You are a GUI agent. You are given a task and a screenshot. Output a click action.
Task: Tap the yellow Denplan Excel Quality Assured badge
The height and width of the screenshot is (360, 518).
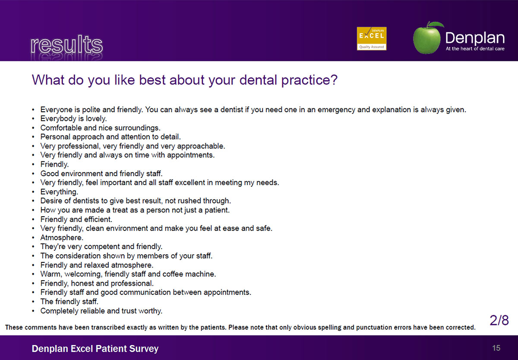pos(371,38)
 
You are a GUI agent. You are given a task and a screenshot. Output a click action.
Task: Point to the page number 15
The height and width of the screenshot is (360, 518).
pos(496,348)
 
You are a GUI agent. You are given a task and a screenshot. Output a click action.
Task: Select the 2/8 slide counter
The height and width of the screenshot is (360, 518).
pos(499,320)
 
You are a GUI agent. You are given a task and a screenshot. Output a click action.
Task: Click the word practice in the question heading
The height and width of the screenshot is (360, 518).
pos(309,80)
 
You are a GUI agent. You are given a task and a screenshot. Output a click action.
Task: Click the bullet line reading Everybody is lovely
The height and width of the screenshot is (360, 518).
pos(73,119)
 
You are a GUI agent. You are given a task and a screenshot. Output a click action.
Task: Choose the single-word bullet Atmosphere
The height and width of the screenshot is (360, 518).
pos(62,237)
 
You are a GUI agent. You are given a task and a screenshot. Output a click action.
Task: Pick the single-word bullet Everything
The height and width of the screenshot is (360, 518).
pos(59,192)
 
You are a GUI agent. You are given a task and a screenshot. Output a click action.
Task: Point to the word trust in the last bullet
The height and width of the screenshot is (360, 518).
pos(129,311)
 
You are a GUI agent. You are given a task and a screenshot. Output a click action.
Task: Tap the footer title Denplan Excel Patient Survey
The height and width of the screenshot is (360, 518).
pos(95,349)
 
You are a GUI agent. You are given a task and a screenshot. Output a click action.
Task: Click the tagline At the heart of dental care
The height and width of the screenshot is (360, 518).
pos(475,49)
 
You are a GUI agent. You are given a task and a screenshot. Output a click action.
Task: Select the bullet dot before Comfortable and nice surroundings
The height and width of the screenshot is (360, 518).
pos(33,128)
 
